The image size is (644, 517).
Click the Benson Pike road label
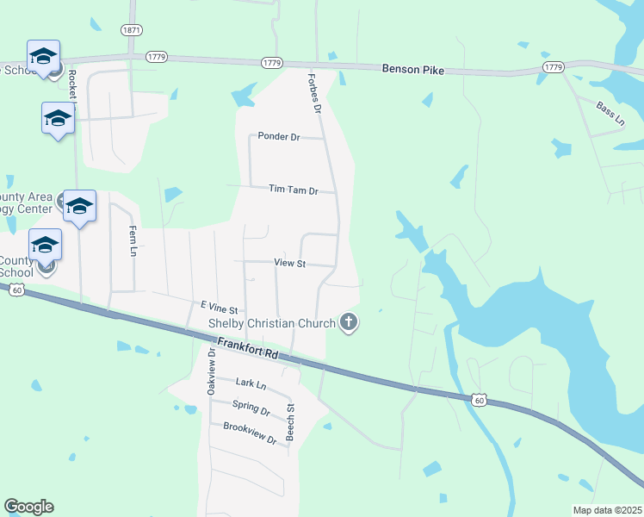point(412,69)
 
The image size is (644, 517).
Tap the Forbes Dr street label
point(314,93)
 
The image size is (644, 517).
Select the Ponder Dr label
point(278,136)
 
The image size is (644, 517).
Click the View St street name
point(289,262)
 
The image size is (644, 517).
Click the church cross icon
point(349,323)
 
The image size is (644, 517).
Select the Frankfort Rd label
point(248,348)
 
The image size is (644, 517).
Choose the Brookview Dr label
point(249,433)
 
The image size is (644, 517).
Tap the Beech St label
point(291,422)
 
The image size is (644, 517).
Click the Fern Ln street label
point(133,240)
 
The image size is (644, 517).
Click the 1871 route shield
point(132,30)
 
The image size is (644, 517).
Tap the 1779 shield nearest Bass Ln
point(554,66)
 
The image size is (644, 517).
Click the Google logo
point(28,507)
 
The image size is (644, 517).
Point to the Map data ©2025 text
point(607,510)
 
